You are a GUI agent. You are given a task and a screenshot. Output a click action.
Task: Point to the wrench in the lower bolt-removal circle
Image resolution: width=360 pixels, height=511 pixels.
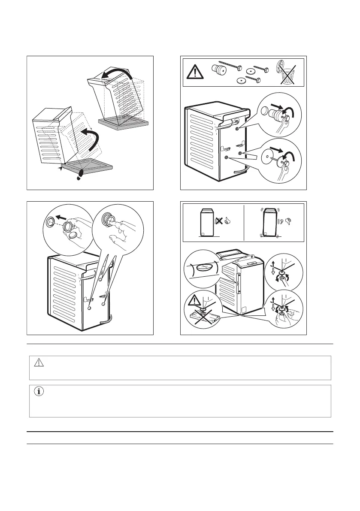click(286, 168)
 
